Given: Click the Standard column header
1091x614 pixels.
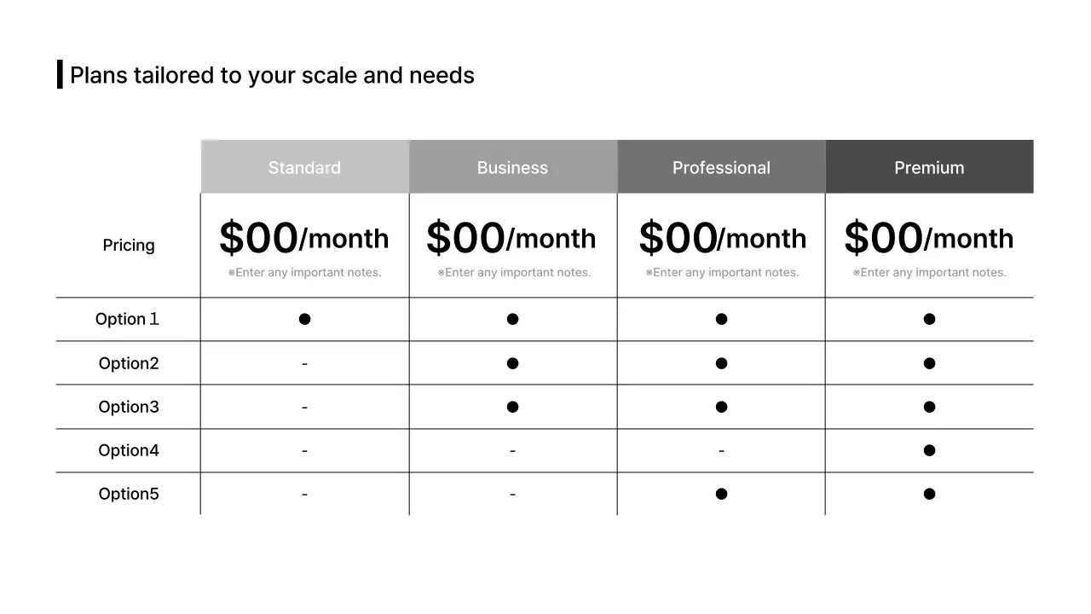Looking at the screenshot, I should pos(304,167).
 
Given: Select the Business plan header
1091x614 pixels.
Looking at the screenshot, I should pos(512,167).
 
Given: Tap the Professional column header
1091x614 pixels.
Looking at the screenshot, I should pos(721,167).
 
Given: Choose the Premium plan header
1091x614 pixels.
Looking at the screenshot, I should pos(929,167).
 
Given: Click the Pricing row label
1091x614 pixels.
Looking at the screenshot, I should pos(129,246).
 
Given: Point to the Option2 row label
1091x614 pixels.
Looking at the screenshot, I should pos(129,363).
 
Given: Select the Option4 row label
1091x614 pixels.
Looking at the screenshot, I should pos(129,450).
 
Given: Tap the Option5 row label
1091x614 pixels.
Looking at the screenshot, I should pos(129,494).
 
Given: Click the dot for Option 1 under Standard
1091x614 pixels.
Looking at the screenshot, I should pos(304,319).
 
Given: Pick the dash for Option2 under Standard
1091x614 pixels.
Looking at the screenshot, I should pos(304,364).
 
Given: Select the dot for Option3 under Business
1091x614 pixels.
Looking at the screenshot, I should pos(512,407).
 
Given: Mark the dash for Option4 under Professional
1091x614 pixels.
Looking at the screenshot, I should pos(721,450).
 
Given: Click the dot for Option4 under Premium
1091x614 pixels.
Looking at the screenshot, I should pos(929,450).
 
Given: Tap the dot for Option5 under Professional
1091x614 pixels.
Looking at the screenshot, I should pos(721,494).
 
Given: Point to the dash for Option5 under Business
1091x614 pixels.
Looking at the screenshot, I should pos(512,494).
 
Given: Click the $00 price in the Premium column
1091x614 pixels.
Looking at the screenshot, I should pos(883,238).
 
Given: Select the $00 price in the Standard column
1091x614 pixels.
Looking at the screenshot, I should pos(258,238).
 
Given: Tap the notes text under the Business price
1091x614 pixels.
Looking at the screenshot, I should pos(514,273).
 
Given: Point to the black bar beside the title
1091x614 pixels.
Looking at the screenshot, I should pos(60,74).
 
